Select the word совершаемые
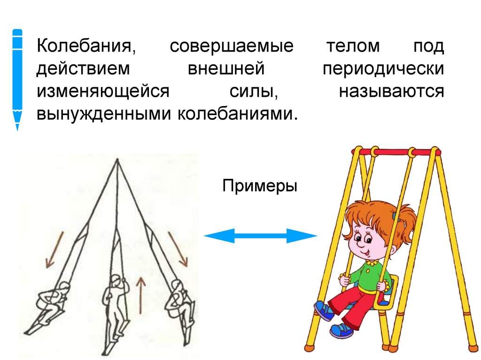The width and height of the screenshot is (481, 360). pyautogui.click(x=232, y=47)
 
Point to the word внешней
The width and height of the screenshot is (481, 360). pyautogui.click(x=225, y=69)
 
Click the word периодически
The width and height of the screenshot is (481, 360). pyautogui.click(x=383, y=69)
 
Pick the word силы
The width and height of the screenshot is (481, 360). pyautogui.click(x=252, y=92)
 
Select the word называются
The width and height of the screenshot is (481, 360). pyautogui.click(x=391, y=92)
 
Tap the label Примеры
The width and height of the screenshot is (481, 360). pyautogui.click(x=260, y=186)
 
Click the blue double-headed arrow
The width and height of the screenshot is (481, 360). pyautogui.click(x=261, y=236)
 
